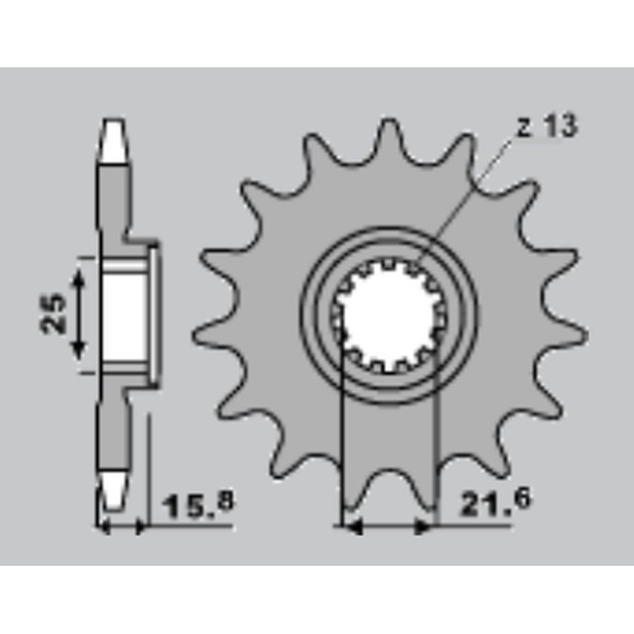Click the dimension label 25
coord(53,314)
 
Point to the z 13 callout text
coord(548,127)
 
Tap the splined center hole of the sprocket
coord(388,315)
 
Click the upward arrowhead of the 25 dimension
coord(78,277)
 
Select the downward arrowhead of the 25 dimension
coord(78,350)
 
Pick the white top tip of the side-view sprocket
coord(113,139)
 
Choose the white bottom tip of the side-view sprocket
coord(113,491)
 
